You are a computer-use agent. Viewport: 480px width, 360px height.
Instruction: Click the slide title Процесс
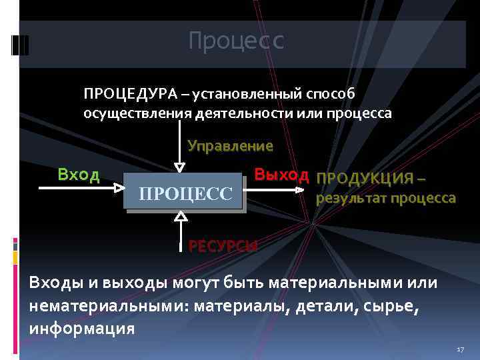pos(236,41)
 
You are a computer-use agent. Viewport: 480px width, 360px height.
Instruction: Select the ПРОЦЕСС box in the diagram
pos(185,193)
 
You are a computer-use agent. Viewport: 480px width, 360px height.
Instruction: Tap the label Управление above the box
pos(230,145)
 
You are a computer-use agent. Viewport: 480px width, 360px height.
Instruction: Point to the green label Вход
pos(79,175)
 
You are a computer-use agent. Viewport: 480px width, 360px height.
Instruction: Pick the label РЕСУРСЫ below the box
pos(223,245)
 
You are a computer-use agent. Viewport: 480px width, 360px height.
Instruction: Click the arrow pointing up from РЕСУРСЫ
pos(180,230)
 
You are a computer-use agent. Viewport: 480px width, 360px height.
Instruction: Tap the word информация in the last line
pos(82,329)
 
